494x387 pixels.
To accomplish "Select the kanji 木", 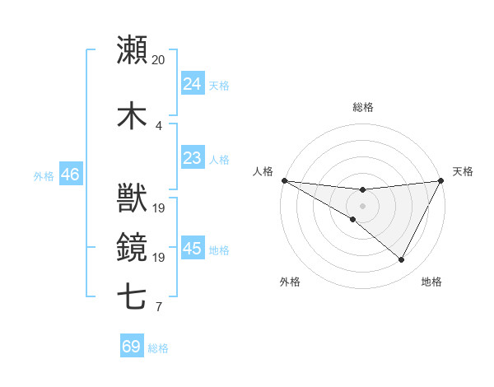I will point(132,114).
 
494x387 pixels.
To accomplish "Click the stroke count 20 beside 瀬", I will point(158,60).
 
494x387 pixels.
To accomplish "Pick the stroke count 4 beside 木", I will point(158,125).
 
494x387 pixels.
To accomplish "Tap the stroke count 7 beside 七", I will point(158,307).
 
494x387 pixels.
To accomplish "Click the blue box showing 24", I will point(193,83).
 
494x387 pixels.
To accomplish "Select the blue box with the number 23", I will point(193,157).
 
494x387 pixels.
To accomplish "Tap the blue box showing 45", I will point(193,248).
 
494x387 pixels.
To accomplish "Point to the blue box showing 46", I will point(70,175).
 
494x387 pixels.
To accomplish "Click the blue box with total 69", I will point(132,347).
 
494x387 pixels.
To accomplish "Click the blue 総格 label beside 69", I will point(158,348).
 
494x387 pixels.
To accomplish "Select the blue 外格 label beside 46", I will point(44,175).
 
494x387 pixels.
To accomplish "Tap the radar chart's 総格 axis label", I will point(363,107).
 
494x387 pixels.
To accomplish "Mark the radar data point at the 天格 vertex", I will point(441,180).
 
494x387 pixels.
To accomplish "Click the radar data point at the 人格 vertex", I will point(284,180).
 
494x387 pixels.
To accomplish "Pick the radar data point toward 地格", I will point(402,260).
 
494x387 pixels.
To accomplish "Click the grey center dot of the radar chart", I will point(363,206).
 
